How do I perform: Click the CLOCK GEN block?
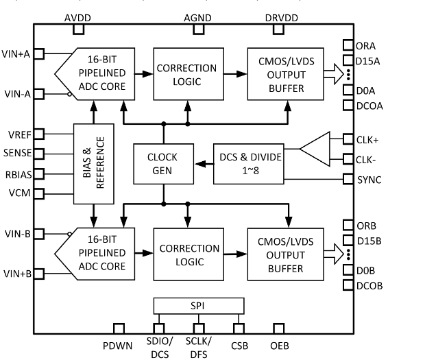point(162,164)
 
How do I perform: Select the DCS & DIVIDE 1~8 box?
point(248,164)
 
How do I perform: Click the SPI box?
point(198,304)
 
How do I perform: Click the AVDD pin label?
point(78,16)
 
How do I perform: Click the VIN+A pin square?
point(39,53)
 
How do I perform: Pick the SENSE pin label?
point(17,153)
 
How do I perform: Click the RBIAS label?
point(17,173)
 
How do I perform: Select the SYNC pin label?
point(369,180)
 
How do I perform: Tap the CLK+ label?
point(368,139)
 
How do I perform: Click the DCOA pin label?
point(370,105)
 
